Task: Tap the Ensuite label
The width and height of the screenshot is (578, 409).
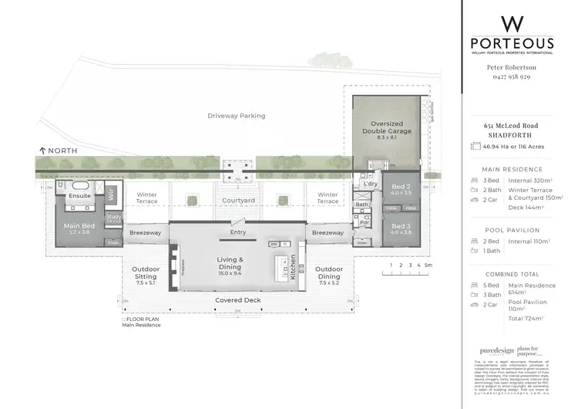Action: (80, 196)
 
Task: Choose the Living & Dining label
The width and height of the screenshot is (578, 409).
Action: (230, 263)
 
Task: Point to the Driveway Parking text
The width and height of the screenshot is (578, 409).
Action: (236, 116)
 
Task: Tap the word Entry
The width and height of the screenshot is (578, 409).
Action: (239, 232)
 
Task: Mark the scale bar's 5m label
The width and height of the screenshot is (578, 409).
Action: (429, 265)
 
